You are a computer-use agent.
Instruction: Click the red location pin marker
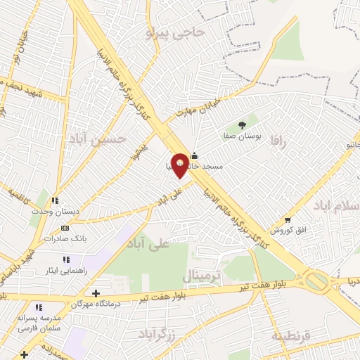click(180, 165)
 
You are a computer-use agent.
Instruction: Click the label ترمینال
click(202, 273)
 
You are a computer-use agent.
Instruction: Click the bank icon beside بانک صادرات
click(66, 228)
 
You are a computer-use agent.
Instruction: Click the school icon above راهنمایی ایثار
click(66, 259)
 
